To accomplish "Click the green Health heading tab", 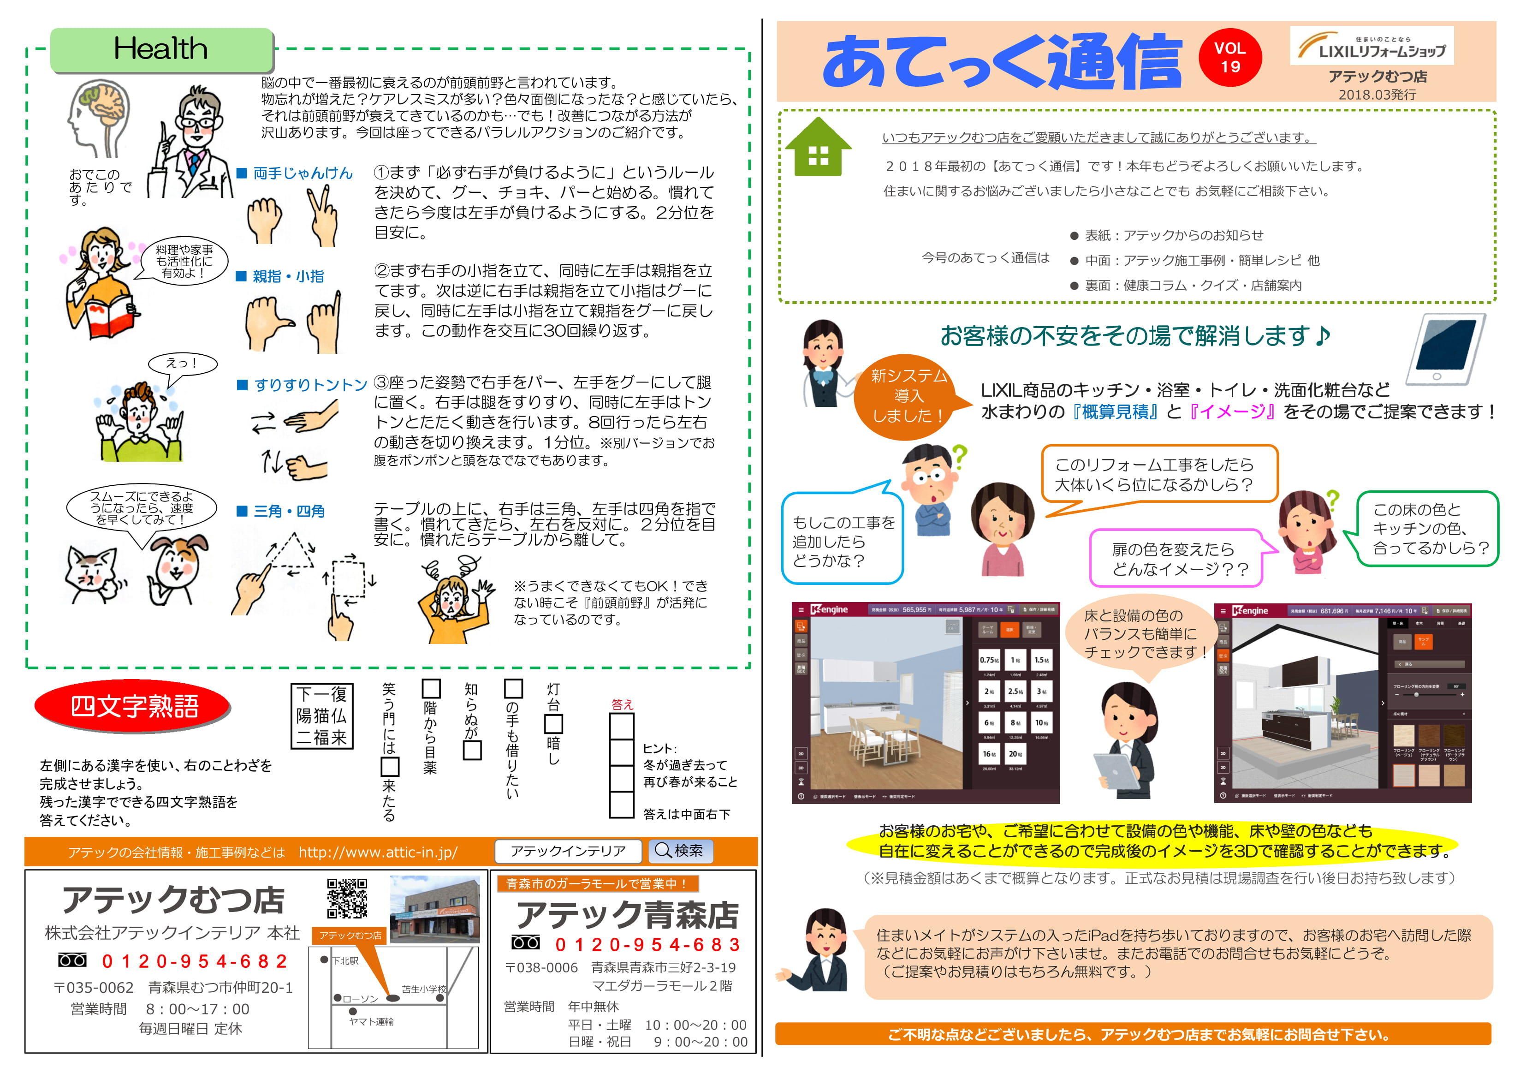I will [161, 49].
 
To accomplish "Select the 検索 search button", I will [679, 851].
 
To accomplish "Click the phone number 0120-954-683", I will [647, 945].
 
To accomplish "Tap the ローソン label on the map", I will [360, 999].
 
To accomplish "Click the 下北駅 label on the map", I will [345, 960].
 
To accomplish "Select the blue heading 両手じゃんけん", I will [303, 173].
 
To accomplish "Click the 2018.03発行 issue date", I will [1377, 95].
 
